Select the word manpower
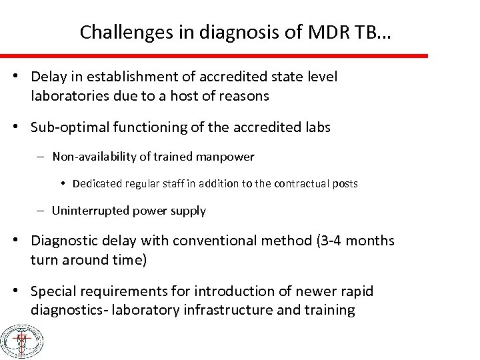pyautogui.click(x=230, y=157)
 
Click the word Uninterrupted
pyautogui.click(x=86, y=211)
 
